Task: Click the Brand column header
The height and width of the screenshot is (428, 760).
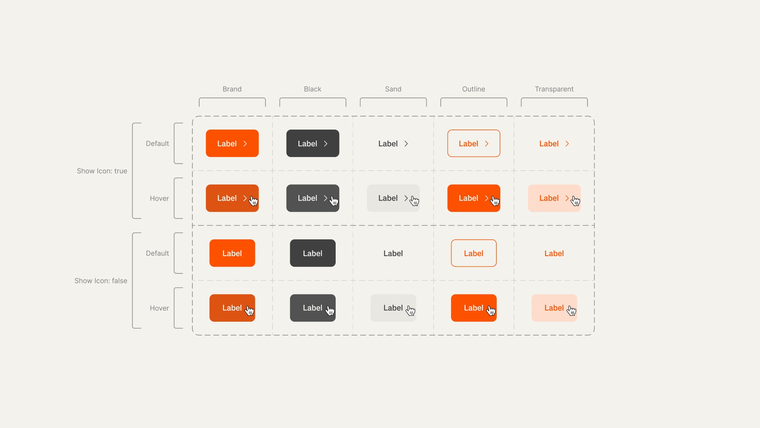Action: click(232, 89)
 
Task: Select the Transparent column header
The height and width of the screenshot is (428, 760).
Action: click(554, 89)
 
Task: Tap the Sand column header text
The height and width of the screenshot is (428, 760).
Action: click(393, 89)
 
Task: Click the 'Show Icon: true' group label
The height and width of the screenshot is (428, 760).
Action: click(102, 171)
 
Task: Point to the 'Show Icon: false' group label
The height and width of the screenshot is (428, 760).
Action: click(101, 281)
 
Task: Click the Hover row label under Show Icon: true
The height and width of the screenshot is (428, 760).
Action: click(160, 198)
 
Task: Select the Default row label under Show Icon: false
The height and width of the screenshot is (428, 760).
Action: click(158, 253)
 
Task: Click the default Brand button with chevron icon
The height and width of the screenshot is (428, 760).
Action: click(232, 143)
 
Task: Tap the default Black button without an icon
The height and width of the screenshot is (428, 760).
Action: click(313, 253)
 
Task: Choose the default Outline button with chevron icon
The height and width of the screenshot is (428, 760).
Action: click(474, 143)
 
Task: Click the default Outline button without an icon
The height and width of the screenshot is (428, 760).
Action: click(474, 253)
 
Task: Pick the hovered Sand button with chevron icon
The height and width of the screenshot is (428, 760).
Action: click(393, 198)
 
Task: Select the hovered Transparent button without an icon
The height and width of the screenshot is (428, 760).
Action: click(554, 308)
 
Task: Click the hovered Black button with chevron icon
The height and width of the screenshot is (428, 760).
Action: click(313, 198)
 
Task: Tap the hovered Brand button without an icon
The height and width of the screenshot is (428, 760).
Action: click(232, 308)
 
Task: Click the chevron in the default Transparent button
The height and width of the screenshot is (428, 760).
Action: click(567, 143)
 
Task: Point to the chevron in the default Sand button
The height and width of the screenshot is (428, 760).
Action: click(406, 143)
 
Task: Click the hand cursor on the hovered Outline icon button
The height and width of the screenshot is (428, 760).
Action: click(495, 201)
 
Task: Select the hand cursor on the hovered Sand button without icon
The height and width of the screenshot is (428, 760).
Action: click(410, 311)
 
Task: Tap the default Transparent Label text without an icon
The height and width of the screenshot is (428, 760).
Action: click(554, 253)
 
